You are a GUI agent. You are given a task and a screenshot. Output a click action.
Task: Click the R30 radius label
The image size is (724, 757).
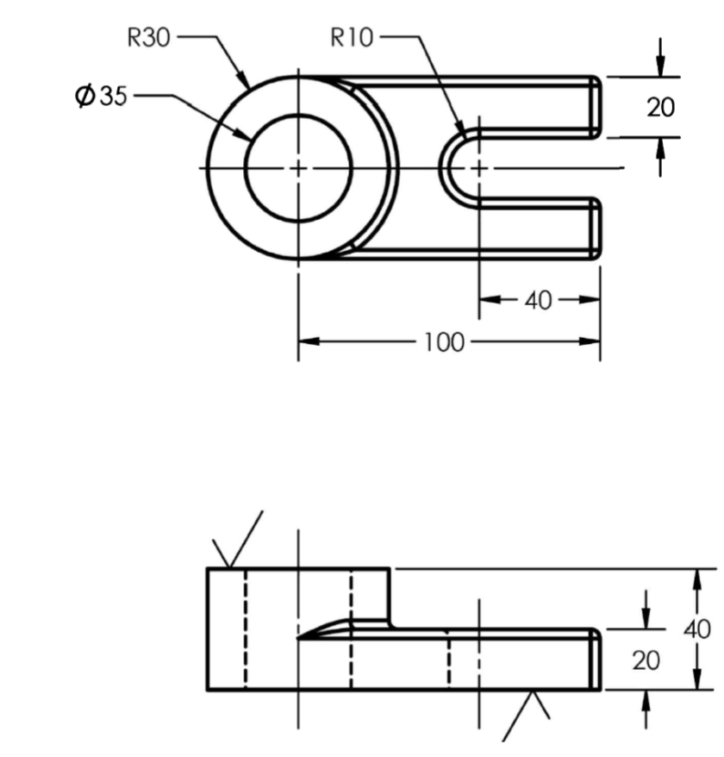pos(149,39)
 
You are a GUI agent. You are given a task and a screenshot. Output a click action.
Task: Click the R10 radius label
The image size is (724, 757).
pos(353,38)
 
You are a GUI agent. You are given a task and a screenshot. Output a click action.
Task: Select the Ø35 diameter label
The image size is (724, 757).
pos(100,96)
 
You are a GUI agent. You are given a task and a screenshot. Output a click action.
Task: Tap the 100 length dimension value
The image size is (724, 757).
pos(443,341)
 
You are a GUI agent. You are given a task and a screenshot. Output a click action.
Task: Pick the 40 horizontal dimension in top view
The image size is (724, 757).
pos(539,300)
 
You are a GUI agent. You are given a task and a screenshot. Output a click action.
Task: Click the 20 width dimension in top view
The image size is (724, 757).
pos(660,107)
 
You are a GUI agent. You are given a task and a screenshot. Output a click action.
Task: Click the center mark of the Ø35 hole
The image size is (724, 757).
pos(298,167)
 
